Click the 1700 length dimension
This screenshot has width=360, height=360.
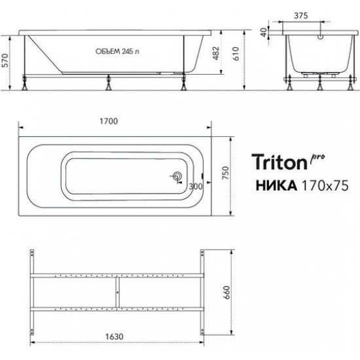[x=109, y=120]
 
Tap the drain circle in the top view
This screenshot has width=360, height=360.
[x=176, y=176]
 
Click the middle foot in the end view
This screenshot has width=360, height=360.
[x=319, y=84]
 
